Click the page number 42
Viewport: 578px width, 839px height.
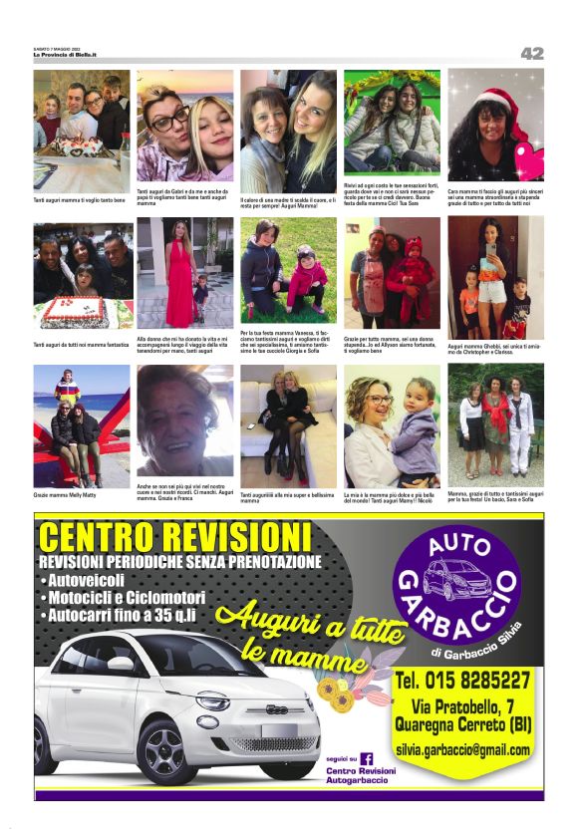tap(532, 54)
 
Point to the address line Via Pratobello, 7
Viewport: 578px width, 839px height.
tap(461, 705)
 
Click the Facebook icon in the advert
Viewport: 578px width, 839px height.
tap(366, 758)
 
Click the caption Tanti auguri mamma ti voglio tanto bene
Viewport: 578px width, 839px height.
tap(80, 200)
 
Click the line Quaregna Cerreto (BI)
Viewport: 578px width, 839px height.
tap(461, 724)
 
